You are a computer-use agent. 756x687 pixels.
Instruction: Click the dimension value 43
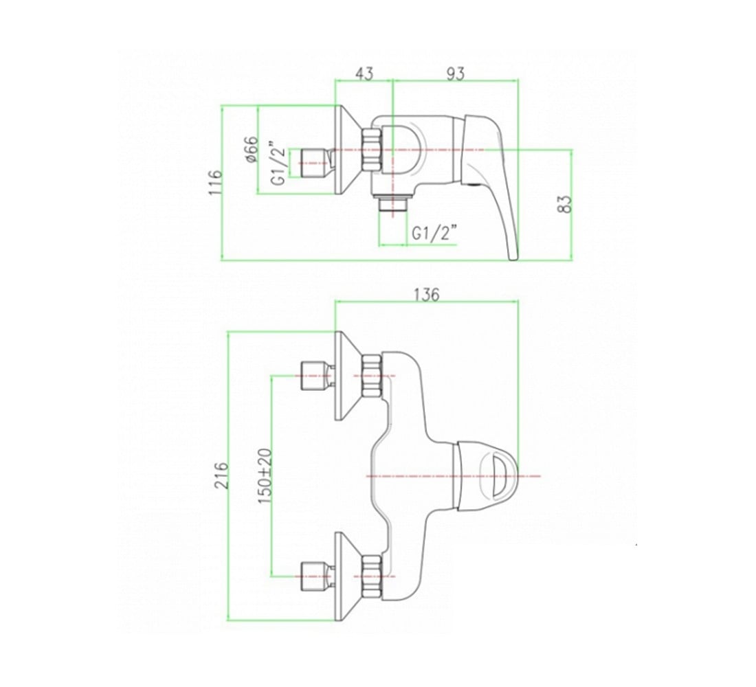click(364, 74)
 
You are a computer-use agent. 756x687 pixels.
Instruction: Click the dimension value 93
click(455, 74)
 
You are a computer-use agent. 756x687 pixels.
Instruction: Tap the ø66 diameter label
click(252, 150)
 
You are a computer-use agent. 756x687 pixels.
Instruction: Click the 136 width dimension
click(427, 294)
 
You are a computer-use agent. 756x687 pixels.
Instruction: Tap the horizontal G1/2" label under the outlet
click(434, 234)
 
